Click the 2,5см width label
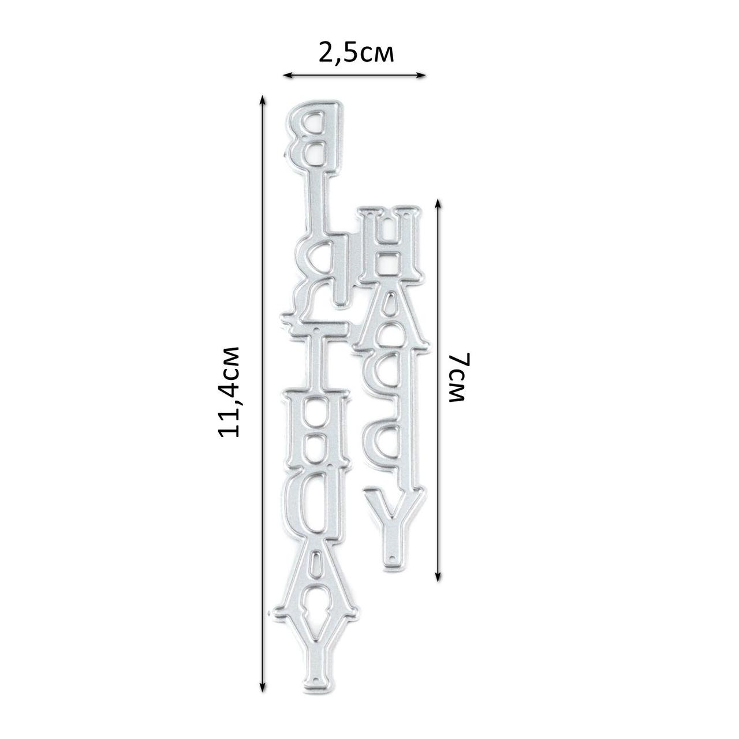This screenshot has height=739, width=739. pos(356,54)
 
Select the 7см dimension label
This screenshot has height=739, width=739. pos(458,378)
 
